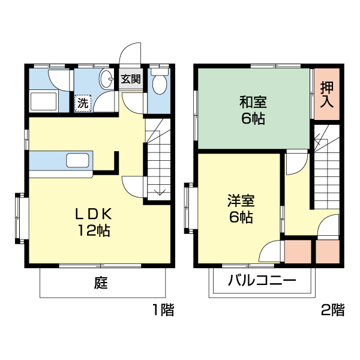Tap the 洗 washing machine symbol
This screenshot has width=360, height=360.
(x=83, y=103)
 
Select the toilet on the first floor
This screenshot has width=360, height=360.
(x=159, y=83)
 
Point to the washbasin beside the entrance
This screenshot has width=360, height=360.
(x=108, y=79)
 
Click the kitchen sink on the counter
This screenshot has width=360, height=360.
(x=78, y=161)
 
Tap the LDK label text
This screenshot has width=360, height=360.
(x=93, y=214)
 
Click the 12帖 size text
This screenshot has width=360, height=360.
(x=93, y=230)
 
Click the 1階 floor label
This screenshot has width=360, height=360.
(x=162, y=310)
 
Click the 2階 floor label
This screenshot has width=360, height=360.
(x=333, y=310)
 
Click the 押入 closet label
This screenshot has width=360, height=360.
(x=326, y=95)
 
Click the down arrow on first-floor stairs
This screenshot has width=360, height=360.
(x=159, y=191)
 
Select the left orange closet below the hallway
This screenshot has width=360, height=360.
(x=298, y=251)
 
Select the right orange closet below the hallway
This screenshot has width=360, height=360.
(x=328, y=251)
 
